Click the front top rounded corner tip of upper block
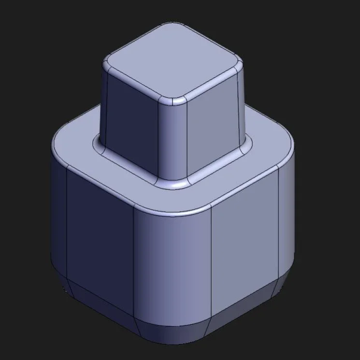(173, 101)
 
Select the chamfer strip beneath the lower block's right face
(244, 314)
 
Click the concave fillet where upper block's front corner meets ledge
(173, 184)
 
